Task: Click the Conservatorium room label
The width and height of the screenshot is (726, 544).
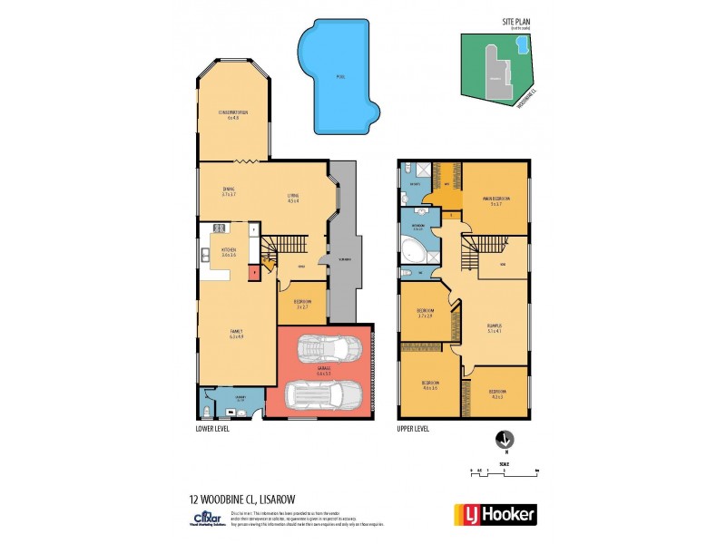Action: point(233,114)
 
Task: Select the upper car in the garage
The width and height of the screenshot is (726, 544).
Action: point(324,349)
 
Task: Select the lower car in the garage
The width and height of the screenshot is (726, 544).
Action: point(324,394)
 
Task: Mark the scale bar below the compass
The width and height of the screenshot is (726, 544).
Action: point(505,471)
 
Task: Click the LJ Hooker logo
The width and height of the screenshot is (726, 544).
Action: point(495,513)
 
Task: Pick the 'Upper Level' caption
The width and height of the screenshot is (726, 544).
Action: point(413,428)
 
